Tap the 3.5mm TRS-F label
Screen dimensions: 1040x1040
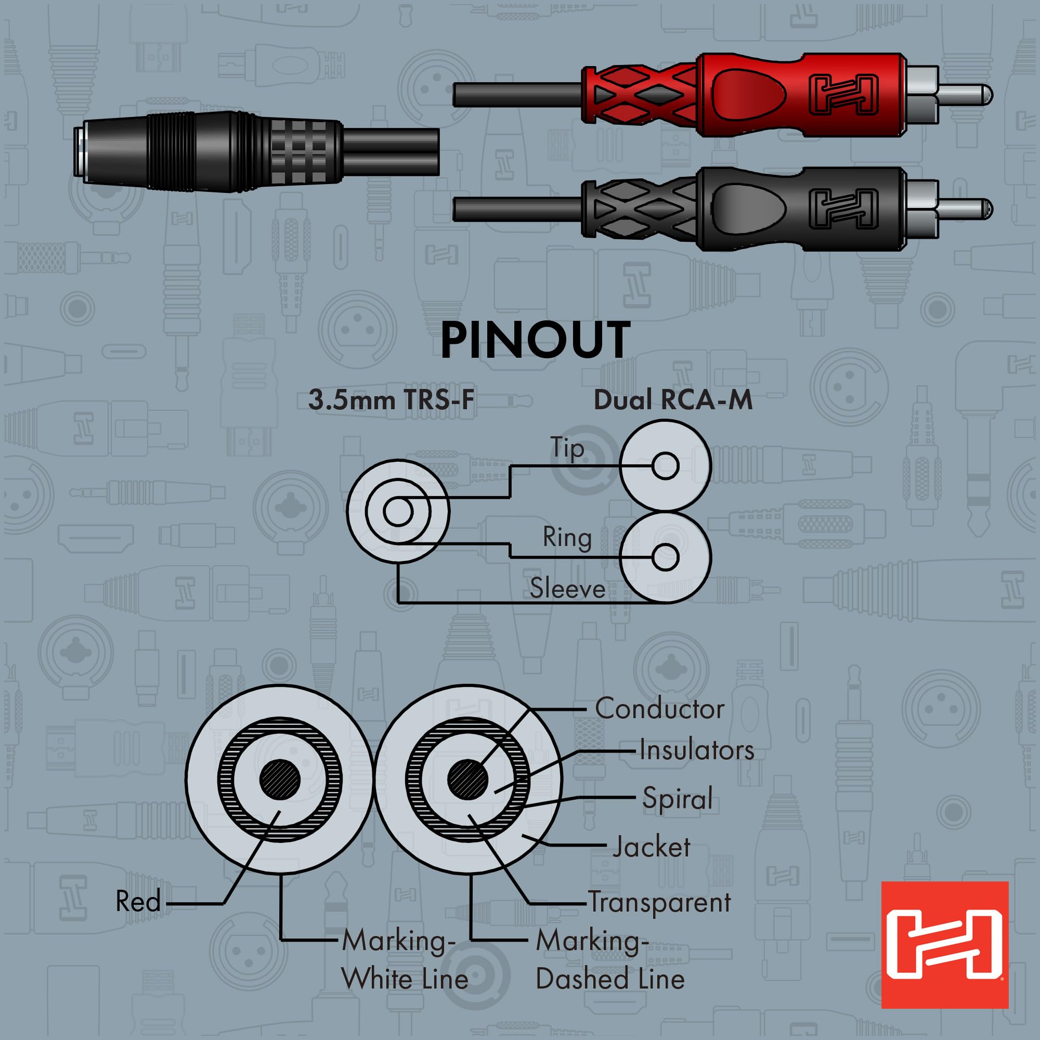[392, 400]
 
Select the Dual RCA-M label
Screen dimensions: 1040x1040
[673, 400]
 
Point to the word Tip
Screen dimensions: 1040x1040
[566, 448]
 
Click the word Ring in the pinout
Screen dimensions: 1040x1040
[567, 537]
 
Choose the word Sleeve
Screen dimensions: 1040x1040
[567, 588]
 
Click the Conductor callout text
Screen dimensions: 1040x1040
[659, 709]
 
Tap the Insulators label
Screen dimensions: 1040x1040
[697, 750]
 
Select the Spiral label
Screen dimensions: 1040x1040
[677, 798]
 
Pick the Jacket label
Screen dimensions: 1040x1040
[652, 847]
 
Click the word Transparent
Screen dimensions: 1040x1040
[659, 902]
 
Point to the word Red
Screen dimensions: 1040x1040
[138, 902]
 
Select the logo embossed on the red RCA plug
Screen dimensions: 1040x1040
[843, 95]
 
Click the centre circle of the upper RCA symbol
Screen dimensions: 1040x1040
[666, 465]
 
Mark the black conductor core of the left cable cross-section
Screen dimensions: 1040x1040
[280, 780]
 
